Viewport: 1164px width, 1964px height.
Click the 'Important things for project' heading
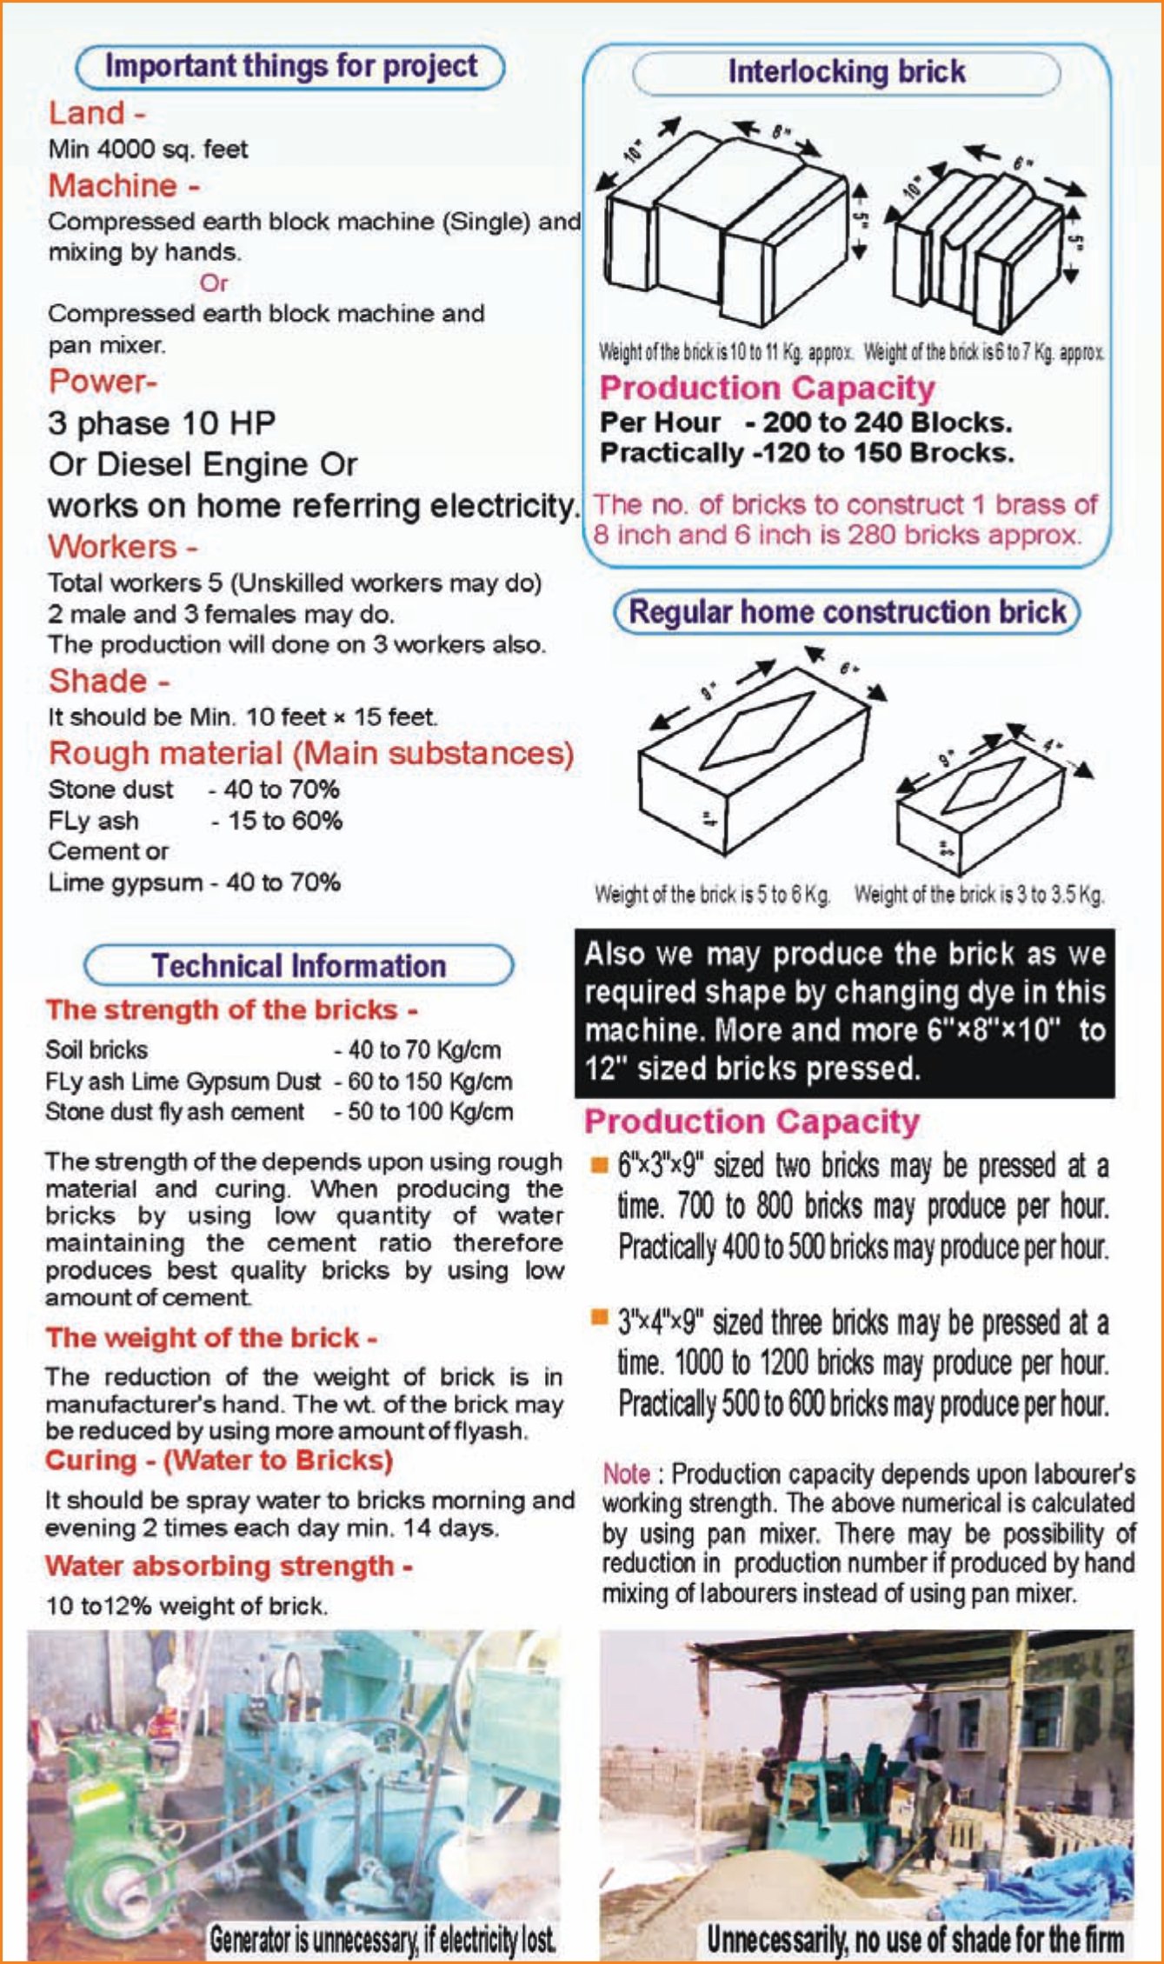[290, 67]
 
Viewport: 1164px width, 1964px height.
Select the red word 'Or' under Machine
[213, 283]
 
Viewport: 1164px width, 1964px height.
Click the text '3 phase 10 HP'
[162, 423]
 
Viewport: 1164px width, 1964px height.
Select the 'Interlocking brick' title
[846, 72]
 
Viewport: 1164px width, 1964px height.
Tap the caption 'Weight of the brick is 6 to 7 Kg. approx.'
[984, 353]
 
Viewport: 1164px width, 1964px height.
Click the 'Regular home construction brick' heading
[847, 612]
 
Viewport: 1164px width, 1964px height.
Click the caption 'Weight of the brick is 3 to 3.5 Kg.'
[979, 895]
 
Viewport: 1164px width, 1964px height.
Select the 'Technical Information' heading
[298, 966]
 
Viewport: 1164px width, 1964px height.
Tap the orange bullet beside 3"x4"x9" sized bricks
[599, 1318]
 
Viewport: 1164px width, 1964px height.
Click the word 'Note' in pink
[626, 1475]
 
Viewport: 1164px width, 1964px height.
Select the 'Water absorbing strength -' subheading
[229, 1566]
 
